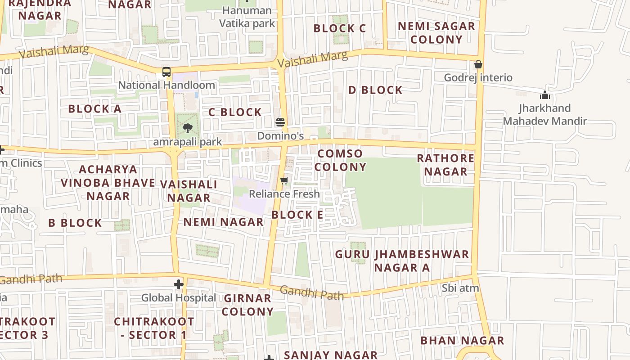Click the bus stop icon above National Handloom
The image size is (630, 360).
point(166,72)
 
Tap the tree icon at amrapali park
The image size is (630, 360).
point(187,128)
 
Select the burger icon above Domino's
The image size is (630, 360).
point(280,122)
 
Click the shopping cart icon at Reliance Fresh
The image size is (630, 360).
point(284,181)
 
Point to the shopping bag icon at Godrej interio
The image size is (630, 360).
point(478,64)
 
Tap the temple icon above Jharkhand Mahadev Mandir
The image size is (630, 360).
point(545,95)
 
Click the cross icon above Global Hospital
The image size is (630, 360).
point(179,284)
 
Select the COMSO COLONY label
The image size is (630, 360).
point(340,160)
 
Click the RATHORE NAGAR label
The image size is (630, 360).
point(445,165)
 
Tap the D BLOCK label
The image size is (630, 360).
point(375,90)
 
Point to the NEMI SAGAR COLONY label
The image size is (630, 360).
point(436,32)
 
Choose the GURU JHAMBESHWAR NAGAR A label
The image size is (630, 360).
point(402,261)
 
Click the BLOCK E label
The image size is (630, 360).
point(297,215)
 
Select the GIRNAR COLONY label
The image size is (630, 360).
point(248,305)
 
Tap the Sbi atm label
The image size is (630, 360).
point(460,288)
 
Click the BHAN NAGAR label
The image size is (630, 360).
point(462,340)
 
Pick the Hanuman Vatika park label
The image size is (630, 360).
point(247,17)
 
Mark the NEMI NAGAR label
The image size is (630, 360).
point(223,222)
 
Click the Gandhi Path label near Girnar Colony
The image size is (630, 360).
point(312,293)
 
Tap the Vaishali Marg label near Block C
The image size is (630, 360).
point(313,58)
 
